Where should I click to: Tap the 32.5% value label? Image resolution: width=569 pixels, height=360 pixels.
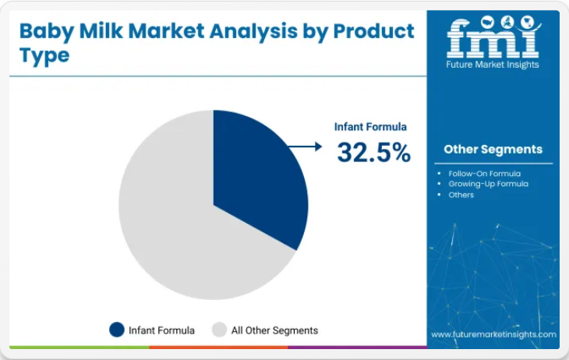pyautogui.click(x=374, y=152)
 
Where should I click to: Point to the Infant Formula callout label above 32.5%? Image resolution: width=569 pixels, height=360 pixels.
pyautogui.click(x=370, y=127)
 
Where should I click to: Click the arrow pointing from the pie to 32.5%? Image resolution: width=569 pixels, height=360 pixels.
pyautogui.click(x=305, y=146)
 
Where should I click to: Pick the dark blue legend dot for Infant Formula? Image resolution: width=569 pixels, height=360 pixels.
pyautogui.click(x=117, y=330)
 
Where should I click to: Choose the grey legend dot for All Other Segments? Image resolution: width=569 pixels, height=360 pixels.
pyautogui.click(x=219, y=330)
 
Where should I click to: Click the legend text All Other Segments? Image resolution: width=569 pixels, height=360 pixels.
pyautogui.click(x=274, y=330)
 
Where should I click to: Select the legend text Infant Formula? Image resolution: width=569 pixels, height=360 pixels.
pyautogui.click(x=161, y=330)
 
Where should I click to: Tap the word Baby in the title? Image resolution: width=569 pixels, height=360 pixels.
pyautogui.click(x=47, y=32)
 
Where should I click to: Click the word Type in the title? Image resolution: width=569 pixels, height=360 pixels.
pyautogui.click(x=44, y=55)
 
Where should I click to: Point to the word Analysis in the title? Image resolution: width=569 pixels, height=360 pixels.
pyautogui.click(x=253, y=32)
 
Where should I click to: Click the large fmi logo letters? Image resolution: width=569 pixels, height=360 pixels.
pyautogui.click(x=493, y=38)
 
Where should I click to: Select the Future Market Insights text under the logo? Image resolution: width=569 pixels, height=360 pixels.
pyautogui.click(x=493, y=65)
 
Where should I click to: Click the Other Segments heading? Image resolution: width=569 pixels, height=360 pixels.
pyautogui.click(x=493, y=149)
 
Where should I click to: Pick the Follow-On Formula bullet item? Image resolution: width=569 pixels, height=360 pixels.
pyautogui.click(x=485, y=174)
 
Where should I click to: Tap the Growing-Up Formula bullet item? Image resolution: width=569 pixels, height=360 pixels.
pyautogui.click(x=489, y=184)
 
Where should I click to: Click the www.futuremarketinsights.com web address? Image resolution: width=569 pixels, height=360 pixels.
pyautogui.click(x=493, y=334)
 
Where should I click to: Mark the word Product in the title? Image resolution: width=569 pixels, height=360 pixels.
pyautogui.click(x=374, y=31)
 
